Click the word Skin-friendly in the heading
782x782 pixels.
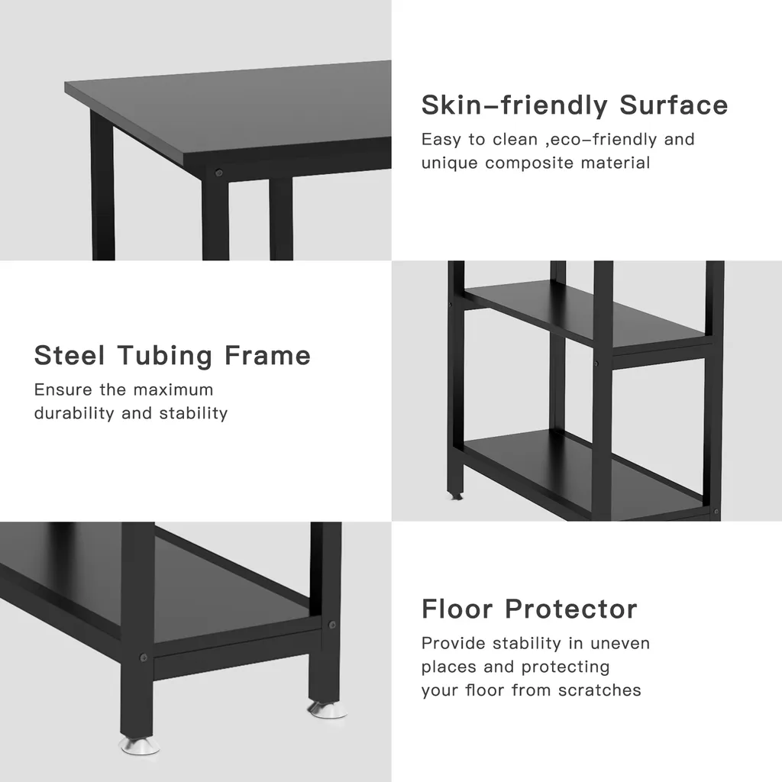(514, 105)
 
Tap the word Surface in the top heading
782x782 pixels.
(674, 105)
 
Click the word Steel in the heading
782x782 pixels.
(69, 356)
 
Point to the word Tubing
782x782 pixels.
(165, 357)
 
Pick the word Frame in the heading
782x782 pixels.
(267, 356)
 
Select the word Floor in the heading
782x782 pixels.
(457, 609)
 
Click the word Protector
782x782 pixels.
(571, 609)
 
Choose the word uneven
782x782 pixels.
(620, 643)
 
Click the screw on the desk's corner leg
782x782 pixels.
(218, 173)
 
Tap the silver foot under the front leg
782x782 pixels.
(139, 745)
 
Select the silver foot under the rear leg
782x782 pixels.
(327, 709)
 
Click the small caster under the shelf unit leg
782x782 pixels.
(455, 496)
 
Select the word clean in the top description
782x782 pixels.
(515, 140)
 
